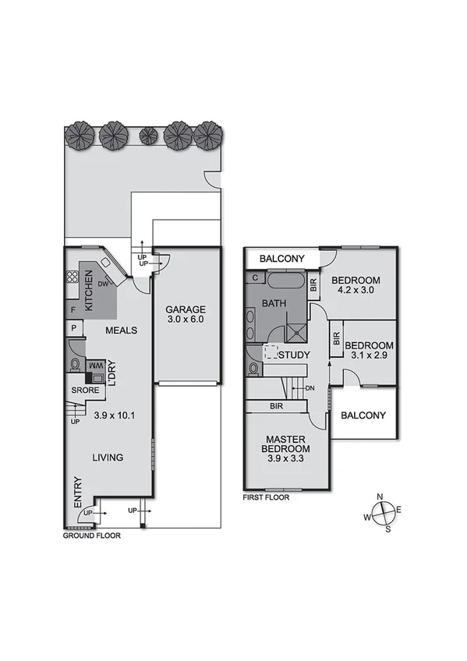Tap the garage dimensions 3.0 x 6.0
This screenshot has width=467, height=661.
[x=186, y=319]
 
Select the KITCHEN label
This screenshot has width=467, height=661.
[x=90, y=292]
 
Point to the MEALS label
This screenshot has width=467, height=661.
[x=122, y=330]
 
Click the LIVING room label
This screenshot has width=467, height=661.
[x=108, y=458]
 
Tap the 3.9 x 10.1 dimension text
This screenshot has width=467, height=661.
[x=115, y=415]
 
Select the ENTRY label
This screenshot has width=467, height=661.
[x=77, y=493]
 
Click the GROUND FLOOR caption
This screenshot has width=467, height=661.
[x=92, y=536]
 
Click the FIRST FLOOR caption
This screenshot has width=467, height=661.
[x=266, y=497]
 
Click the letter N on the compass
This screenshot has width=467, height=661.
[x=380, y=497]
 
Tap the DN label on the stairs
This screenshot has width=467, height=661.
[x=310, y=387]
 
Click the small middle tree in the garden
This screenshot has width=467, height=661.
[x=147, y=136]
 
